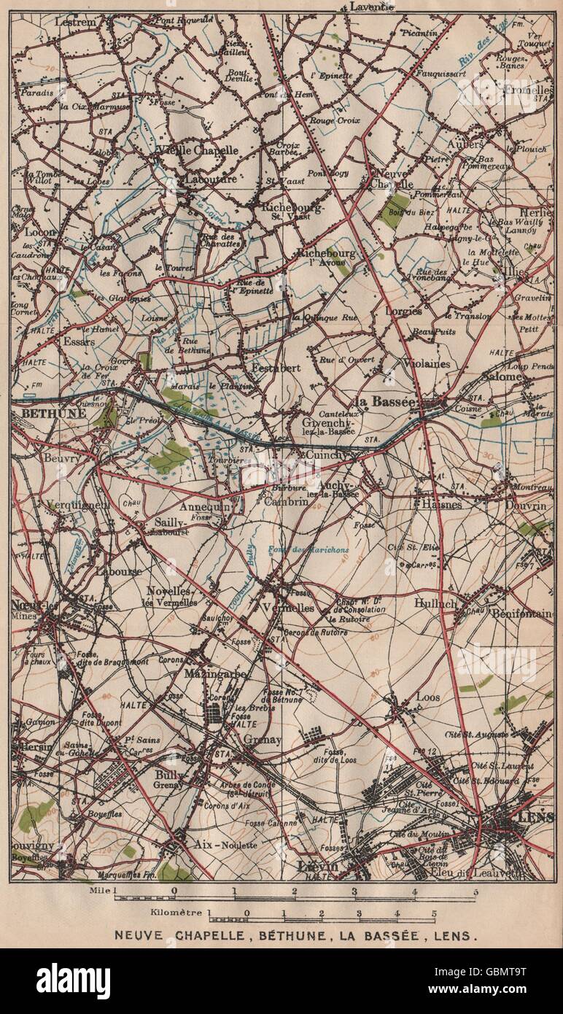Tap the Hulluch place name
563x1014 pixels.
(x=435, y=603)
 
